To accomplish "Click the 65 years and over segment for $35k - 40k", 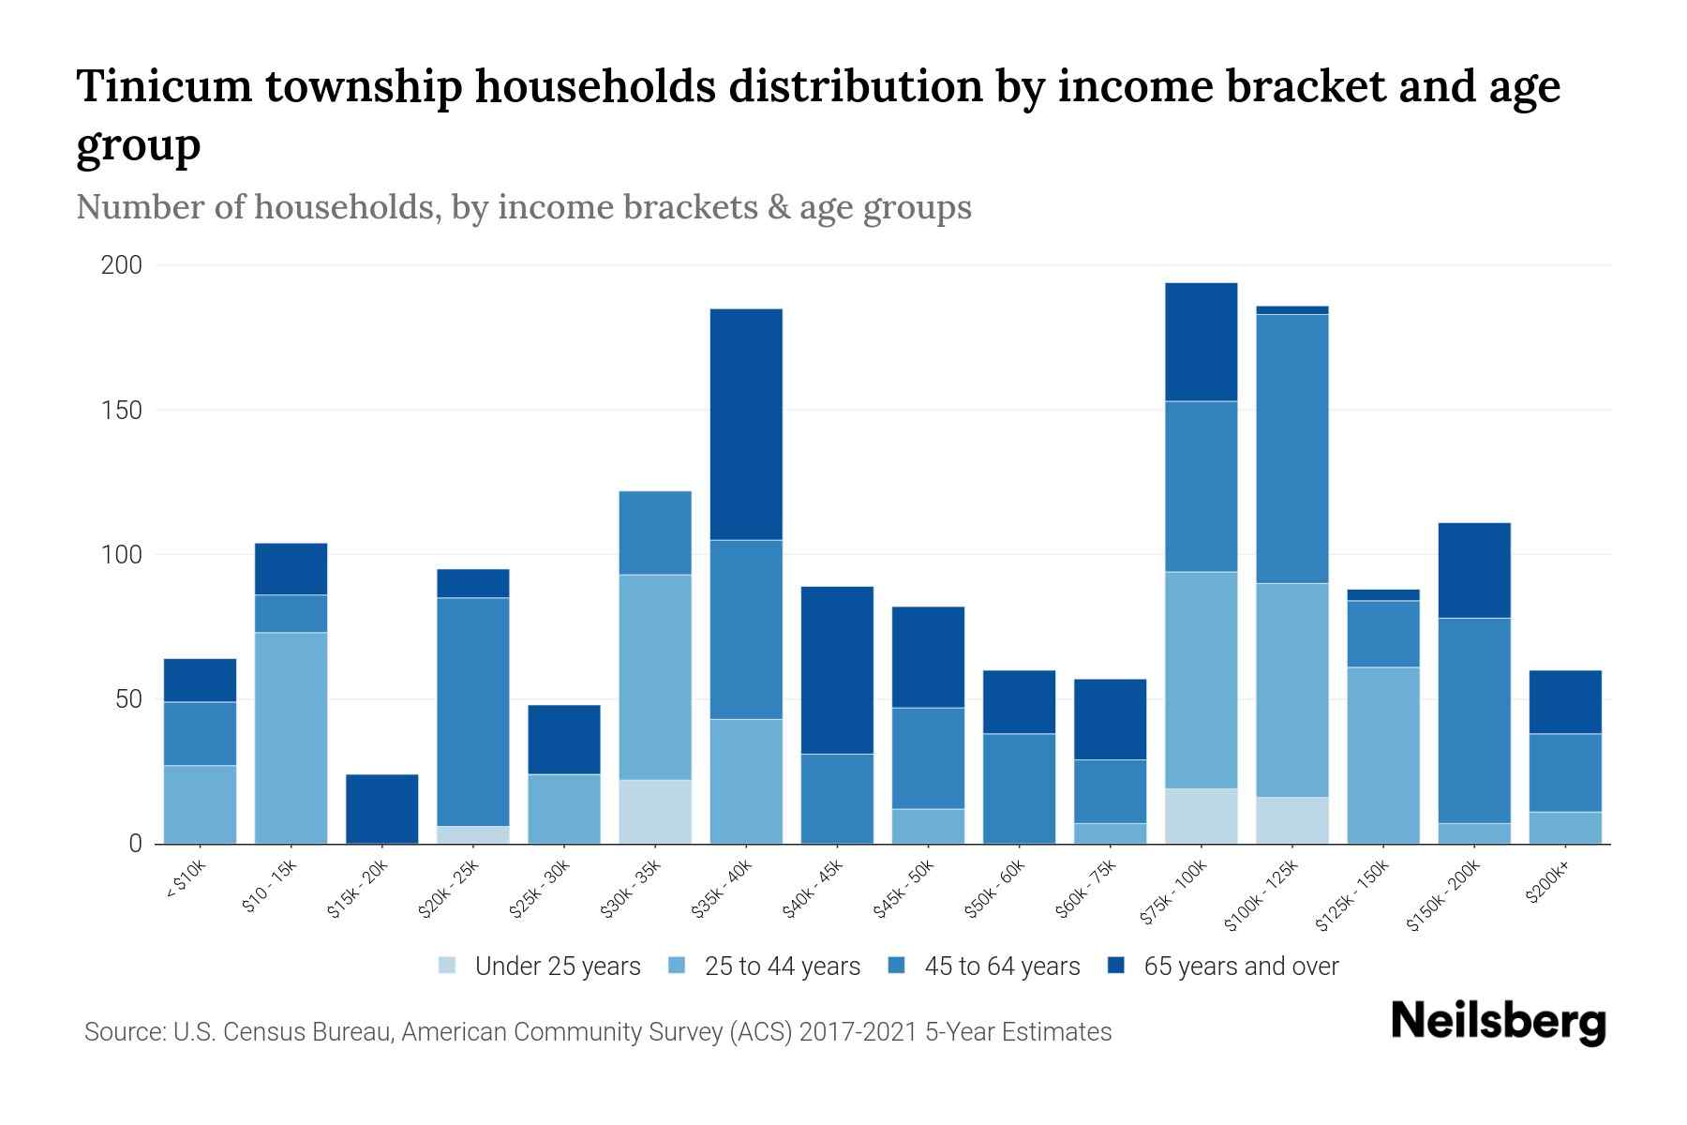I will point(746,424).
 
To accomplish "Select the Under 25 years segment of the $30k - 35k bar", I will point(655,812).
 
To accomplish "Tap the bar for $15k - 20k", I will point(382,808).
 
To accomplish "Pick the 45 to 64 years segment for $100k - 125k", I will point(1292,448).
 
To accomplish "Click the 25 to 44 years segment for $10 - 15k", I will point(291,738).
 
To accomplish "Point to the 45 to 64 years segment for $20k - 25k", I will point(473,712).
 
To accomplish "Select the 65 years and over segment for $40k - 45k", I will point(837,669).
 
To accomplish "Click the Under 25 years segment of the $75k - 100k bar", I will point(1202,816).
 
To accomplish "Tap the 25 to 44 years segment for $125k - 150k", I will point(1383,755).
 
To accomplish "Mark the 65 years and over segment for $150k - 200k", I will point(1474,570).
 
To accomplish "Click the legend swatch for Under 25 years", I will point(447,966).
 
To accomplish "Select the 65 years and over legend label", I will point(1240,966).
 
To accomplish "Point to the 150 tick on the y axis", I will point(122,411).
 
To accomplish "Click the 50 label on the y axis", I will point(128,699).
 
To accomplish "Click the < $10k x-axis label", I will point(186,881).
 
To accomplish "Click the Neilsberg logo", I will point(1498,1022).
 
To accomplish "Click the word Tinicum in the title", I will point(164,86).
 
